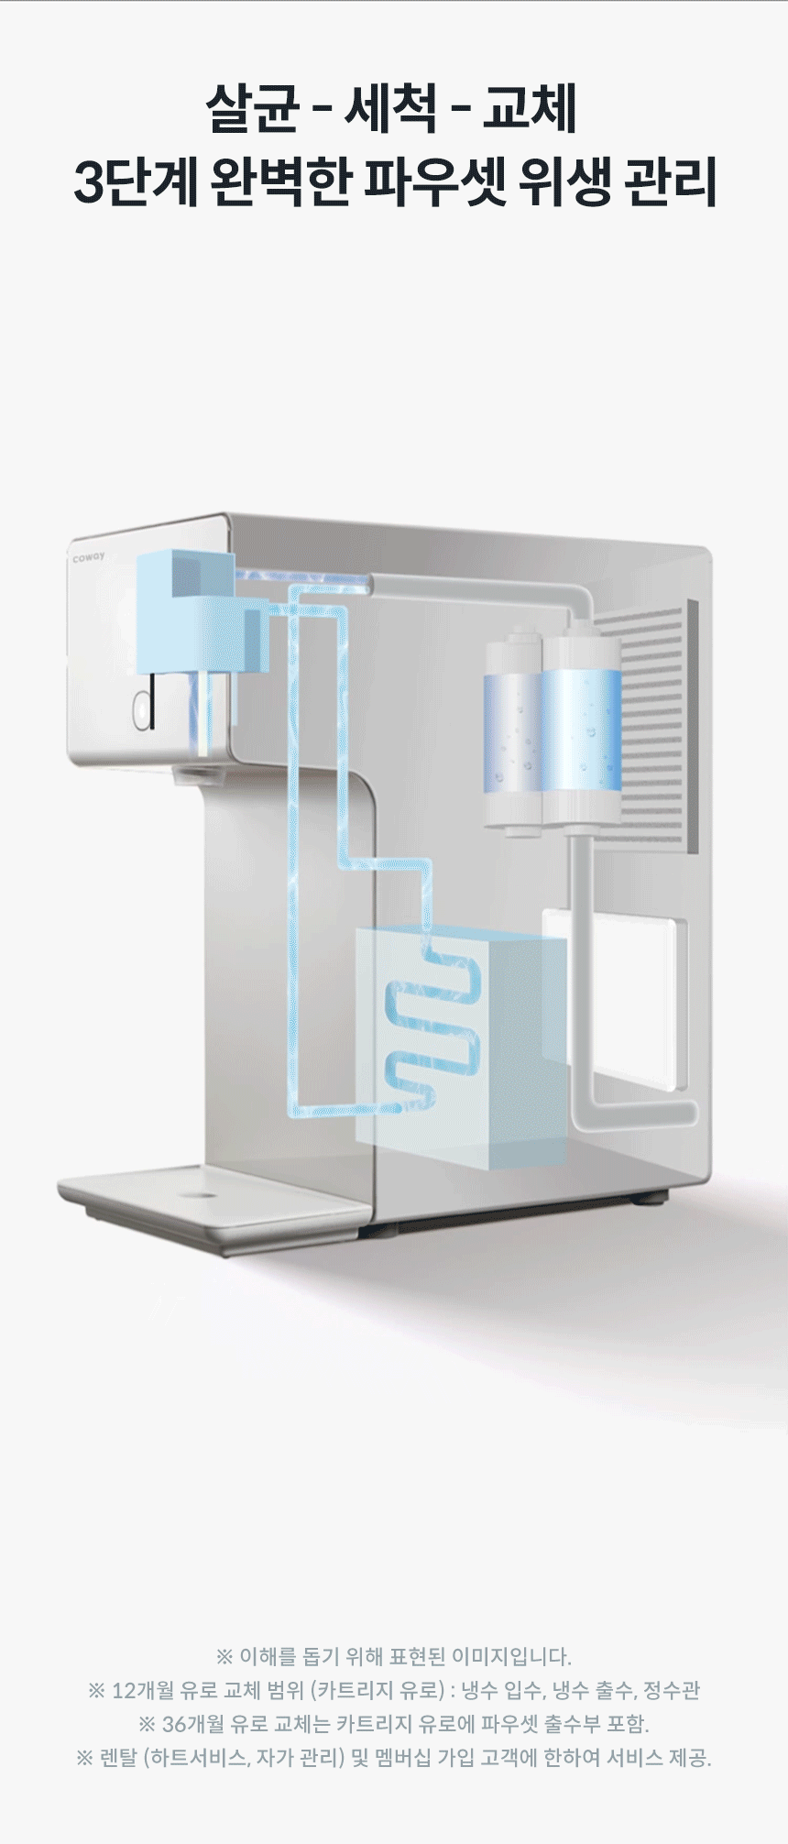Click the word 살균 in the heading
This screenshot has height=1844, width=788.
point(252,109)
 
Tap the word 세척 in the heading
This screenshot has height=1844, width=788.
point(390,109)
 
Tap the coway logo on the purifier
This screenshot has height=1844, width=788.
point(89,556)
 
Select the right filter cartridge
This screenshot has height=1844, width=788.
point(581,729)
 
